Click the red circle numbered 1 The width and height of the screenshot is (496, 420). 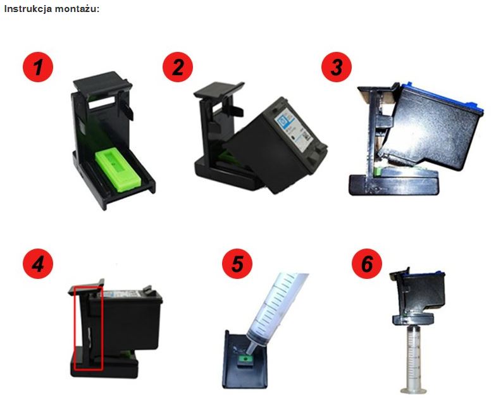coord(38,67)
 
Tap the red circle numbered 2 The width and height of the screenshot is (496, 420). coord(178,67)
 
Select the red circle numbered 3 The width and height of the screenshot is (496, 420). coord(337,67)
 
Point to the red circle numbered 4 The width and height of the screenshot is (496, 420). coord(38,264)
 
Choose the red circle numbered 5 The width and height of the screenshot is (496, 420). coord(237,264)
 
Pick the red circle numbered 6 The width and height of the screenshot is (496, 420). coord(367,264)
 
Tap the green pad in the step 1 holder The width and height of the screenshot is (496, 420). coord(118,170)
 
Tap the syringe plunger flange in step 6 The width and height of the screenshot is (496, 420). coord(413,390)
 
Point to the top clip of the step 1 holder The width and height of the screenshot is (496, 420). coord(102,81)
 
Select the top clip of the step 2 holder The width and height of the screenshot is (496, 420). coord(219,90)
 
